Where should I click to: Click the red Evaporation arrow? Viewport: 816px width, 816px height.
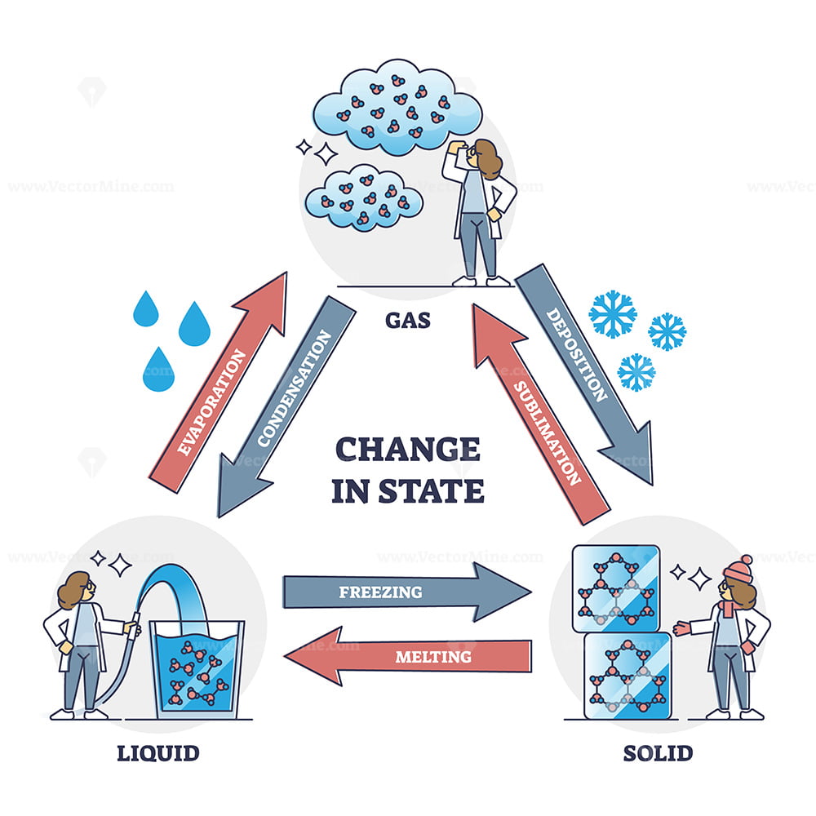pyautogui.click(x=219, y=383)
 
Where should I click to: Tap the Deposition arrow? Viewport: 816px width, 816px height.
pyautogui.click(x=584, y=375)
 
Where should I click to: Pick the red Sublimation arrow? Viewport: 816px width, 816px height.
pyautogui.click(x=541, y=415)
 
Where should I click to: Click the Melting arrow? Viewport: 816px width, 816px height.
pyautogui.click(x=408, y=656)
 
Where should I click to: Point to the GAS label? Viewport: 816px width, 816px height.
pyautogui.click(x=408, y=320)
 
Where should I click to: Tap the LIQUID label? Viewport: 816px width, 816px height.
pyautogui.click(x=158, y=753)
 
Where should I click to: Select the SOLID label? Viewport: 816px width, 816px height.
pyautogui.click(x=658, y=753)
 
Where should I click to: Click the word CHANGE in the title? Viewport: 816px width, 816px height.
pyautogui.click(x=408, y=449)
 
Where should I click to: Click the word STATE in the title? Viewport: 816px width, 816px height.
pyautogui.click(x=432, y=490)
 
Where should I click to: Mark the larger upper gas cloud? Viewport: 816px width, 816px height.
pyautogui.click(x=397, y=107)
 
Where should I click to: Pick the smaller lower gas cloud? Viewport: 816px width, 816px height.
pyautogui.click(x=364, y=198)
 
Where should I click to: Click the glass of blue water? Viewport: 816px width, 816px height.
pyautogui.click(x=197, y=670)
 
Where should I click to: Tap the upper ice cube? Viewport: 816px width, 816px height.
pyautogui.click(x=616, y=588)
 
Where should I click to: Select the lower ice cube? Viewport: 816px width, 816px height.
pyautogui.click(x=628, y=676)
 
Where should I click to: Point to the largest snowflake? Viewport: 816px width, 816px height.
pyautogui.click(x=613, y=314)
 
